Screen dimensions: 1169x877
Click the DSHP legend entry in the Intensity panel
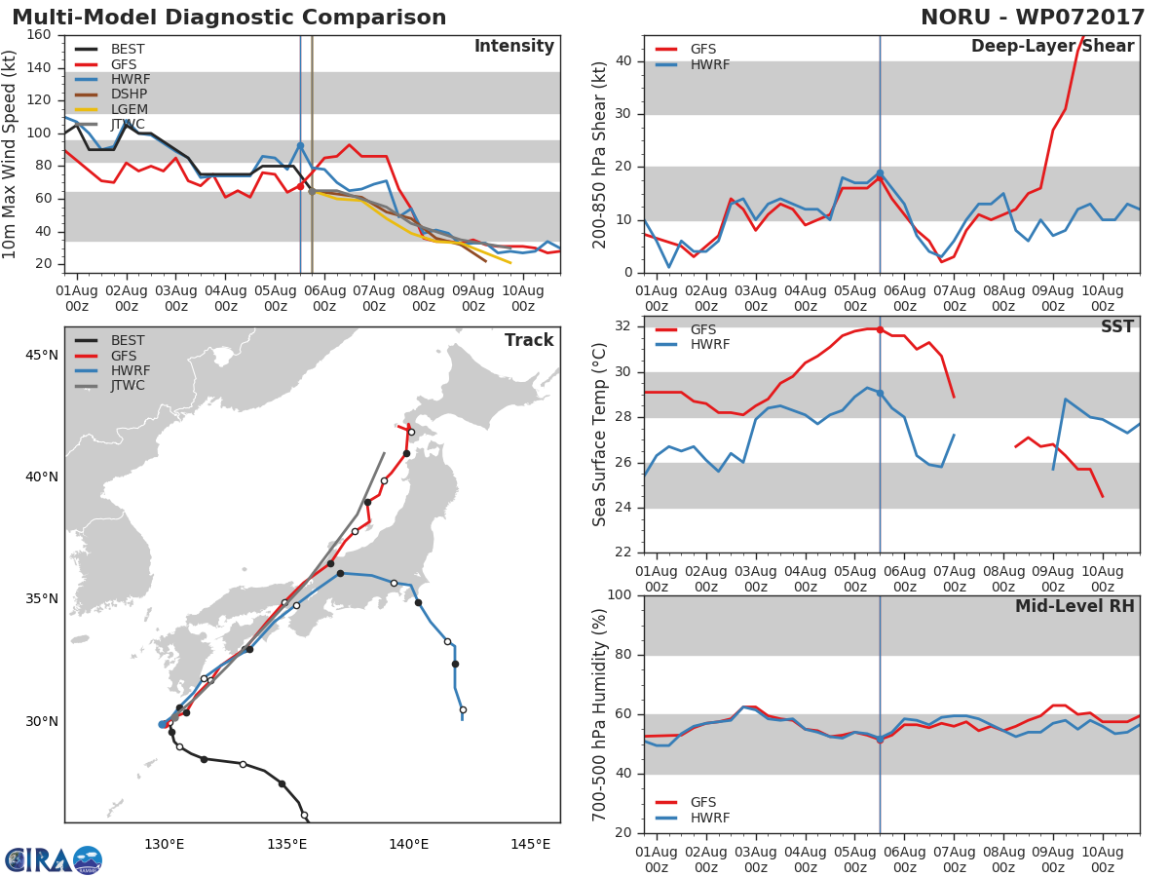pos(111,95)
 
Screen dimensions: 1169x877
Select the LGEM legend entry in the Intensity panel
pos(111,109)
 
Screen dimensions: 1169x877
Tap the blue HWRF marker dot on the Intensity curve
pos(300,145)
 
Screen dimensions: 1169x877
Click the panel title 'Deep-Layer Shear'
pos(1052,47)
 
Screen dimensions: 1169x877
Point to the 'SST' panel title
pos(1116,326)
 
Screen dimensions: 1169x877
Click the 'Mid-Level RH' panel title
pos(1075,606)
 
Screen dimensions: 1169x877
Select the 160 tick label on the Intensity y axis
pos(39,35)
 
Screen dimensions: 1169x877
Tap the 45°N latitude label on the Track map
pos(42,355)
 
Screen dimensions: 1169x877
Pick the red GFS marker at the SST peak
pos(880,329)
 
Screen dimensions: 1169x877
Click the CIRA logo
pos(54,859)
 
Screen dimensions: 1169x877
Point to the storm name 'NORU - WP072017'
pos(1032,17)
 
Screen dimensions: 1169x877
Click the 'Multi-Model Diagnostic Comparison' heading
pos(229,17)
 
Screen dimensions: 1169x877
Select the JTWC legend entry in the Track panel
pos(110,386)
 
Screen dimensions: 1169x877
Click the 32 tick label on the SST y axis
pos(623,325)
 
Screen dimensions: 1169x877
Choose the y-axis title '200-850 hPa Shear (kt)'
pos(599,155)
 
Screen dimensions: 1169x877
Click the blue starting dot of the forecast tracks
pos(163,724)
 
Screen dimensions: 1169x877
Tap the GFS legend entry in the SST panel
pos(686,329)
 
